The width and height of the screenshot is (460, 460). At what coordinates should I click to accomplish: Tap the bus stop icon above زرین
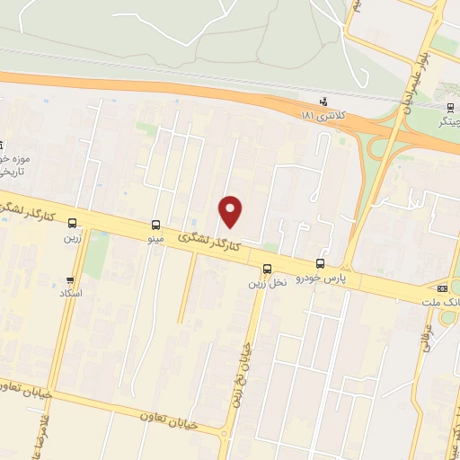(72, 224)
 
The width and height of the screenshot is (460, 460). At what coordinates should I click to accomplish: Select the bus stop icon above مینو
(156, 226)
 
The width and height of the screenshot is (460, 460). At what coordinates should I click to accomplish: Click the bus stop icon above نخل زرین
(267, 269)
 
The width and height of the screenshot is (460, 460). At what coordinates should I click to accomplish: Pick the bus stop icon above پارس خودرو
(320, 263)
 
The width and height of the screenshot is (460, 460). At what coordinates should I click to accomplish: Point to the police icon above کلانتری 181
(323, 101)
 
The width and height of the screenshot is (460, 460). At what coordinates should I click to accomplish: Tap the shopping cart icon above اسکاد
(70, 280)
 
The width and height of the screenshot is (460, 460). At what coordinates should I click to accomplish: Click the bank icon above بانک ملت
(442, 288)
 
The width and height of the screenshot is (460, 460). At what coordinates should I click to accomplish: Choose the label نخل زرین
(267, 283)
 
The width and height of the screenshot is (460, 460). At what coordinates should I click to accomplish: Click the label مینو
(156, 240)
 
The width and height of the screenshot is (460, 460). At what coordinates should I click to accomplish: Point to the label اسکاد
(70, 294)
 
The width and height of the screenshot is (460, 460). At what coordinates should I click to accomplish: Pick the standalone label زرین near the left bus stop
(72, 238)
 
